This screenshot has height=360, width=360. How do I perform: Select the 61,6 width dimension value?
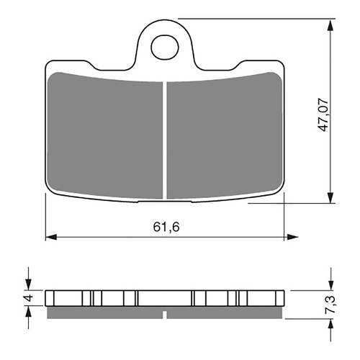point(165,226)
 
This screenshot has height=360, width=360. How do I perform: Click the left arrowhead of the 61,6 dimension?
point(50,235)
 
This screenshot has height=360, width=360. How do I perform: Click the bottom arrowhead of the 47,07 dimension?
point(330,198)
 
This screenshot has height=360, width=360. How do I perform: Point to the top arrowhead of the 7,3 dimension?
point(330,285)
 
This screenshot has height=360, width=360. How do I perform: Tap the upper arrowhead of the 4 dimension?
point(30,285)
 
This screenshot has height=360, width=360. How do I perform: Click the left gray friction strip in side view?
point(105,313)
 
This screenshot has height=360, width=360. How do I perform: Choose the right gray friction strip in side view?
point(226,313)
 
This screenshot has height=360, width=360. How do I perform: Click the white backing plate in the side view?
point(165,298)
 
